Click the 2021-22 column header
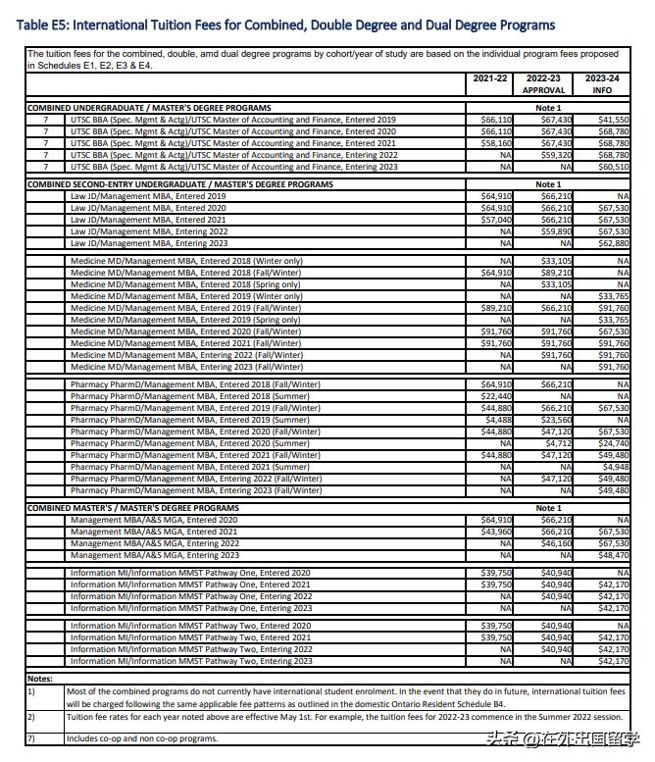pyautogui.click(x=490, y=77)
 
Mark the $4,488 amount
pyautogui.click(x=499, y=420)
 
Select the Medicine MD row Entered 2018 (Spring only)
pyautogui.click(x=185, y=284)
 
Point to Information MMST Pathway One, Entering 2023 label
pyautogui.click(x=191, y=608)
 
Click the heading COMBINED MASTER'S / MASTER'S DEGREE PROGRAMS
pyautogui.click(x=132, y=508)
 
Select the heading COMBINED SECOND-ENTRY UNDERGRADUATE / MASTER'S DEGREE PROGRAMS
pyautogui.click(x=179, y=184)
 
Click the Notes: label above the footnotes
pyautogui.click(x=40, y=679)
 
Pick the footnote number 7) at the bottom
pyautogui.click(x=31, y=738)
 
